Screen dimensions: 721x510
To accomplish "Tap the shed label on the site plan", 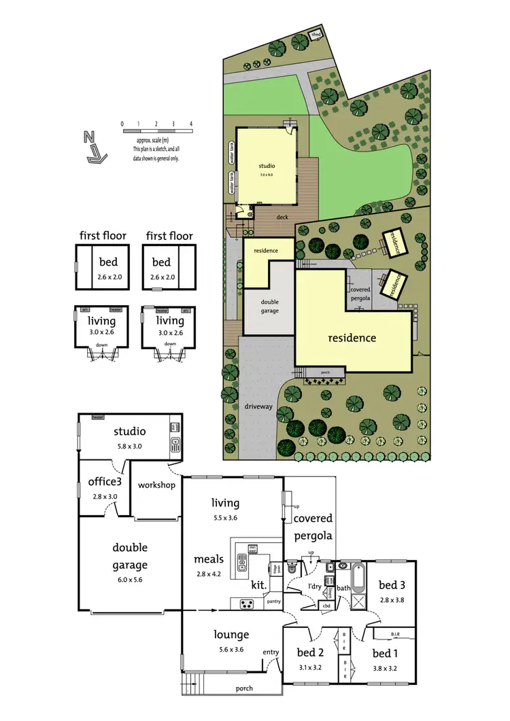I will point(316,34).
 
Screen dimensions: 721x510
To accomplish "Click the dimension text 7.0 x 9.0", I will point(266,175).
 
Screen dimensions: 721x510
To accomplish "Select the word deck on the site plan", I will point(282,217).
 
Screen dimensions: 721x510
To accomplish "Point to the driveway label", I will point(258,406).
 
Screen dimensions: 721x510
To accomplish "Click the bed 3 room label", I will point(392,584).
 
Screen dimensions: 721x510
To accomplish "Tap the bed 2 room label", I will point(311,652).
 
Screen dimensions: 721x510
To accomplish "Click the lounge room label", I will point(231,635).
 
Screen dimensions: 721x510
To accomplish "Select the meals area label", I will point(209,559).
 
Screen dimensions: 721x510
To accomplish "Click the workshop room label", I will point(156,485).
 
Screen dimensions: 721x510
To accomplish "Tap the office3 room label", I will point(103,482).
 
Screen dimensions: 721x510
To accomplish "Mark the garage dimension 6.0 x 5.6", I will point(130,580).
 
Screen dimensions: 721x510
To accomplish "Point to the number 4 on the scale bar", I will point(191,124).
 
